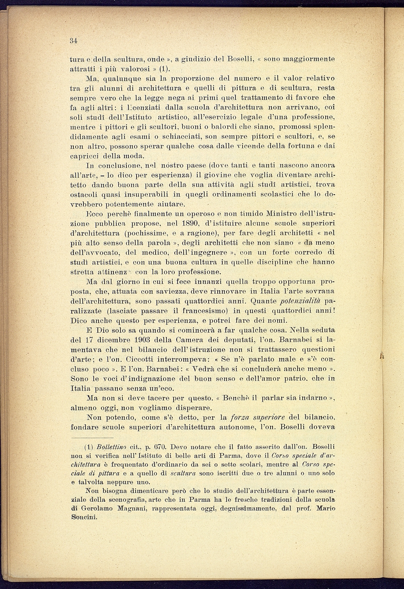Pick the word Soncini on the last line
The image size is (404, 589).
coord(84,517)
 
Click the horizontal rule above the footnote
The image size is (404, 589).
coord(92,437)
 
